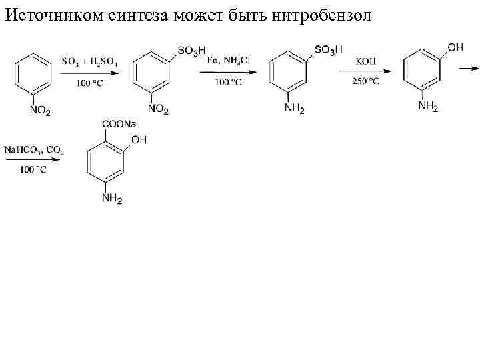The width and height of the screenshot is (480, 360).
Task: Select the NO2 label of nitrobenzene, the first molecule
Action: pos(39,111)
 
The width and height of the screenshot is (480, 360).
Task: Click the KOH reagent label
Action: pos(366,61)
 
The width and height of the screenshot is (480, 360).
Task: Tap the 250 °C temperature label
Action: pos(365,81)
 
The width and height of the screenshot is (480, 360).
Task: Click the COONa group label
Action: pos(119,125)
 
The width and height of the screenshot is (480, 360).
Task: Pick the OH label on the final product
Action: pos(139,140)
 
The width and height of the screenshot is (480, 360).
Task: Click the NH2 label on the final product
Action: pos(112,199)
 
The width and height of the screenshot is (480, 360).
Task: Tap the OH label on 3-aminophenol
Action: pos(456,47)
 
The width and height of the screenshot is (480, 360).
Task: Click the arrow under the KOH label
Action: pos(365,71)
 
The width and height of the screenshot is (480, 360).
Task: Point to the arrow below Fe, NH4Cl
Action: pos(229,71)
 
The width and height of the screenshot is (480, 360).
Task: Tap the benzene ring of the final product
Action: pos(107,162)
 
